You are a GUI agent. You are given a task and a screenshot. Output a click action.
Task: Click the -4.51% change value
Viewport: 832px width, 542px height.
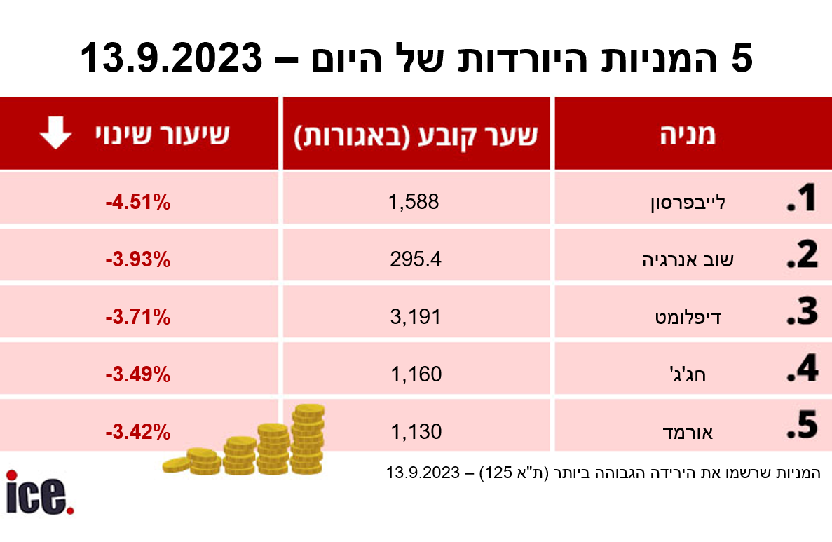138,203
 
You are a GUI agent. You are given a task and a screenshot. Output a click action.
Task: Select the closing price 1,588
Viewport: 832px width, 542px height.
414,203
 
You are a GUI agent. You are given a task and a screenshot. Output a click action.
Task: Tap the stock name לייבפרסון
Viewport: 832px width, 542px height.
686,203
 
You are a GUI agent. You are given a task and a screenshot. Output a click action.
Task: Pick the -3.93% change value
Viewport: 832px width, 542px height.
138,260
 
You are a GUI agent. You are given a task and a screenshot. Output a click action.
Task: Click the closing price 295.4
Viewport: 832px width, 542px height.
415,260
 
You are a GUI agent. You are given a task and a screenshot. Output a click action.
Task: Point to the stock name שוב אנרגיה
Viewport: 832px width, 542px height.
682,261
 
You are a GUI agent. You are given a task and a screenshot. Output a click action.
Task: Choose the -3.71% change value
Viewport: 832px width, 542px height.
138,317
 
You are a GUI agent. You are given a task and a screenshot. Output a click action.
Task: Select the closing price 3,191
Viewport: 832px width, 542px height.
415,317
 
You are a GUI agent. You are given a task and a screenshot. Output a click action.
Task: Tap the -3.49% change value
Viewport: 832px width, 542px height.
138,374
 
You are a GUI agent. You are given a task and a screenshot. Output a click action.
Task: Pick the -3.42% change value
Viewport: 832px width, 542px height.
138,431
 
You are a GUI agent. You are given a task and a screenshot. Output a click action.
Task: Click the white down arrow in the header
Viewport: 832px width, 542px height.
55,133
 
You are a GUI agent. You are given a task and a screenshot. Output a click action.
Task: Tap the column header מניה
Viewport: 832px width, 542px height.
687,135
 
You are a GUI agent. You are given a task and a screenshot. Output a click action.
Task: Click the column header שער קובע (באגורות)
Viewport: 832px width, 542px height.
415,135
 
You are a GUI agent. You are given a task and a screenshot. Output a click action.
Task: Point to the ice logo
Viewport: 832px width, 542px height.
39,492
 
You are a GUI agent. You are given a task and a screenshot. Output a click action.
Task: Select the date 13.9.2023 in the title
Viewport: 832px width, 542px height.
171,57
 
